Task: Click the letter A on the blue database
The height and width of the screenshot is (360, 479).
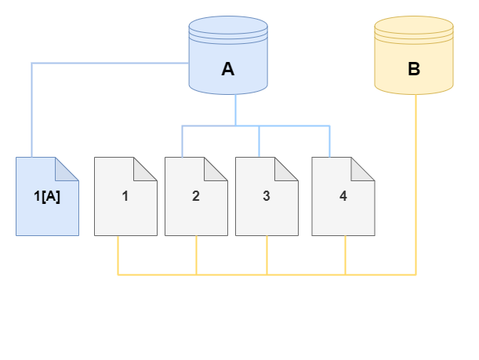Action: tap(228, 69)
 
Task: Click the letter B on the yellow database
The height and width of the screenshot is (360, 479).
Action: tap(414, 69)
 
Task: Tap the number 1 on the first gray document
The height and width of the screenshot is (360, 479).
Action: tap(125, 196)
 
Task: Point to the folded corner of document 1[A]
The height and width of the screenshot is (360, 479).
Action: tap(68, 168)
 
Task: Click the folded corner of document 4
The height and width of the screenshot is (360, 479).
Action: tap(364, 168)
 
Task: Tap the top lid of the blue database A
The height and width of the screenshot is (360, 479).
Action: tap(228, 27)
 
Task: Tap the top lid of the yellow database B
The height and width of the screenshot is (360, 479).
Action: tap(414, 27)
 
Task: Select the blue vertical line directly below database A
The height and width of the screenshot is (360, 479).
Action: tap(236, 109)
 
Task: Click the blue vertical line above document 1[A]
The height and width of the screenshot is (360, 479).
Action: tap(31, 110)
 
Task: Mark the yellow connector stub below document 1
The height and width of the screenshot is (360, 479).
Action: tap(118, 255)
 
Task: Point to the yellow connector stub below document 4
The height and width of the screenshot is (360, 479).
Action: tap(345, 255)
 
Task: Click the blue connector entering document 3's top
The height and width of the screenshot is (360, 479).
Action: tap(259, 141)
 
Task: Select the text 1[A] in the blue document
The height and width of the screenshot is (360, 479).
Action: tap(47, 196)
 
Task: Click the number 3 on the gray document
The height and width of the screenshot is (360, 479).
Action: tap(267, 196)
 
